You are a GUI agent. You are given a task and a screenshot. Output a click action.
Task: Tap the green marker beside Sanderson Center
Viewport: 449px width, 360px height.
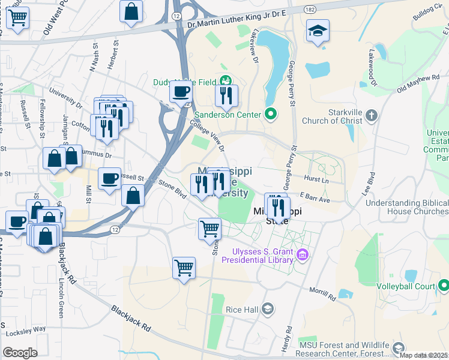270,114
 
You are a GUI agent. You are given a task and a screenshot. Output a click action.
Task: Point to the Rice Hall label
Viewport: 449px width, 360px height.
242,309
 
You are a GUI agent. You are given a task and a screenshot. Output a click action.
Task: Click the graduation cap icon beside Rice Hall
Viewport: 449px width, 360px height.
268,309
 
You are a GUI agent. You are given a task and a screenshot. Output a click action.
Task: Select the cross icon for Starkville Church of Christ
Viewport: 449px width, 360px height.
372,115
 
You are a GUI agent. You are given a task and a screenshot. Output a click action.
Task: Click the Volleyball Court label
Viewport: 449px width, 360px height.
405,287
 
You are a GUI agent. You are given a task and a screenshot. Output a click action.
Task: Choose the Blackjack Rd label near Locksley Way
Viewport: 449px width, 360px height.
130,318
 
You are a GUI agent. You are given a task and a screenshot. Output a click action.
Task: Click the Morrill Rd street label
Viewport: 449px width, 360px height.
323,296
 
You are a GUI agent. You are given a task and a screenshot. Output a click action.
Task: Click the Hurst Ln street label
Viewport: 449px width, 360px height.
318,179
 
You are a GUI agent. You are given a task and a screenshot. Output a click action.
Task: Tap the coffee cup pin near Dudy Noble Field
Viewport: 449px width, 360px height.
180,93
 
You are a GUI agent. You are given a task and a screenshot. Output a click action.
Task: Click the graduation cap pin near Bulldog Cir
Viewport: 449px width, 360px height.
318,31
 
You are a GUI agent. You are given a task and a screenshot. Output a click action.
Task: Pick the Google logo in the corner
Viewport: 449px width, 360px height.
20,352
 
